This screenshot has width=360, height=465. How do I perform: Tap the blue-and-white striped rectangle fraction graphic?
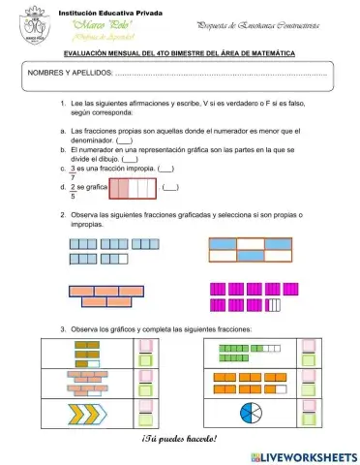251,250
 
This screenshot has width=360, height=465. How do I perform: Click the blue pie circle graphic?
252,412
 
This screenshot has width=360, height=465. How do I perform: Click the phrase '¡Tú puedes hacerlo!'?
180,440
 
